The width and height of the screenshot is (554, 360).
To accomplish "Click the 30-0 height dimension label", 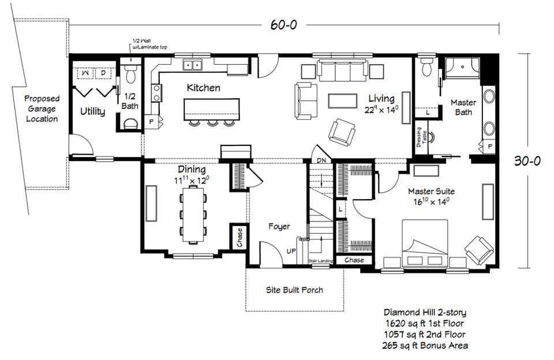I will coord(527,162).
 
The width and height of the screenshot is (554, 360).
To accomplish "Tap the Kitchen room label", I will coord(203,88).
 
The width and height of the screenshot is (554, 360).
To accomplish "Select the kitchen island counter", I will coord(211,109).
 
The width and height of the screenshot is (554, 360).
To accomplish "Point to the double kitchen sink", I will coord(192,65).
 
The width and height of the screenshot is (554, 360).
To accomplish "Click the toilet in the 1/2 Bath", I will coord(131,73).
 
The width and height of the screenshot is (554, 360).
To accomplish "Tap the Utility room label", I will coord(92,111).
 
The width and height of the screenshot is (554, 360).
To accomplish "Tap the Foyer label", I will coord(279,227).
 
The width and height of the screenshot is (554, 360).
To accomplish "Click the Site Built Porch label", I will coord(294,290).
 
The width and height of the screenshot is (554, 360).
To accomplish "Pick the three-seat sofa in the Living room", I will coord(338,72).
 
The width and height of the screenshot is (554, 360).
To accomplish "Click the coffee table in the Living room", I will coord(343,101).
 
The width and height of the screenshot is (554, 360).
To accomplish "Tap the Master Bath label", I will coord(463,107).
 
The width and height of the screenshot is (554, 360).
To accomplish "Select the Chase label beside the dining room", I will coord(239,237).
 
